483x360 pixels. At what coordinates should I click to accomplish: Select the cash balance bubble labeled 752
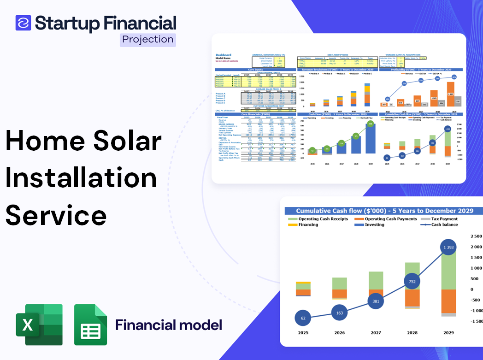coord(412,281)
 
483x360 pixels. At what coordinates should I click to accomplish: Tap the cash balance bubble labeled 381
coord(376,301)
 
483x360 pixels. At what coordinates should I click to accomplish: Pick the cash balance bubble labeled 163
coord(339,313)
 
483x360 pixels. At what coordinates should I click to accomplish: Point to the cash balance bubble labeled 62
coord(303,318)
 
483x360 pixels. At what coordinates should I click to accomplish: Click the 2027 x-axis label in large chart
coord(376,332)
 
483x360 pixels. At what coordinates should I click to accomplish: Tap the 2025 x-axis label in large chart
coord(303,332)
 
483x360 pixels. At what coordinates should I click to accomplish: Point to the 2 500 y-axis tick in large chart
coord(476,236)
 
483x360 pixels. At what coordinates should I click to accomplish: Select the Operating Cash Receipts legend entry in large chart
coord(323,219)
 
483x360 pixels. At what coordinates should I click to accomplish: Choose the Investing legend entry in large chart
coord(374,224)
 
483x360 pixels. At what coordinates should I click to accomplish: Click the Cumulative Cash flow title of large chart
coord(384,211)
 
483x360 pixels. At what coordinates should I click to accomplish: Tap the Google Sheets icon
coord(90,325)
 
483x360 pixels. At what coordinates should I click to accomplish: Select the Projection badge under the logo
coord(147,40)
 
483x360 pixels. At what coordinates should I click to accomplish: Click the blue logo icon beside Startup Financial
coord(23,23)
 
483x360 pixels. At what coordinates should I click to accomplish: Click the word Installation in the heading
coord(81,178)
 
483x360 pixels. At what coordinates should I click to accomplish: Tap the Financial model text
coord(169,325)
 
